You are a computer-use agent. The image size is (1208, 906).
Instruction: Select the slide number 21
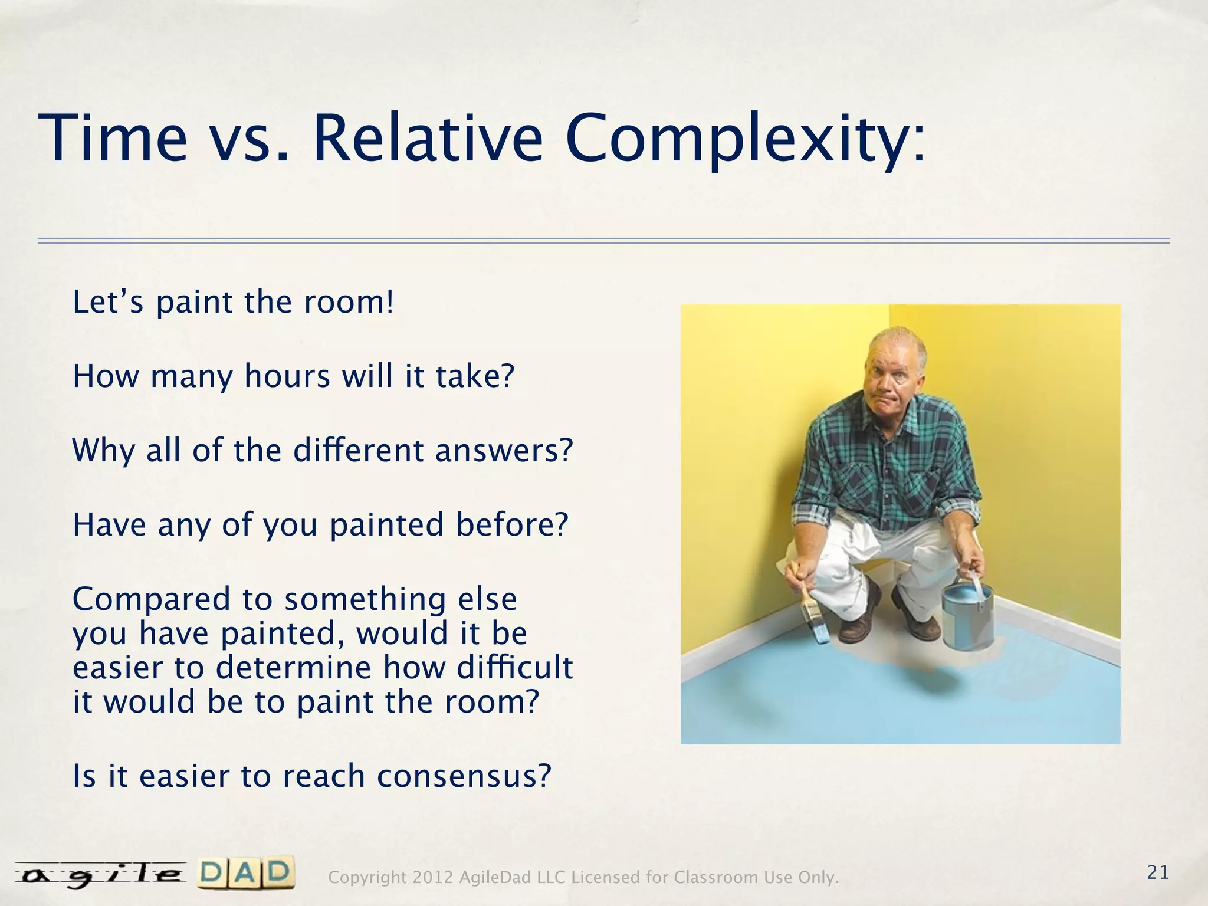(1158, 872)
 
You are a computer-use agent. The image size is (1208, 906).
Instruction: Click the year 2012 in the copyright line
(432, 878)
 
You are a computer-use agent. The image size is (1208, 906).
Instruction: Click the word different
(359, 451)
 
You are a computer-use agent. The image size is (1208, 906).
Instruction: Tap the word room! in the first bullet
(348, 303)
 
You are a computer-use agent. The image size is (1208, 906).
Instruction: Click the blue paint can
(967, 616)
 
